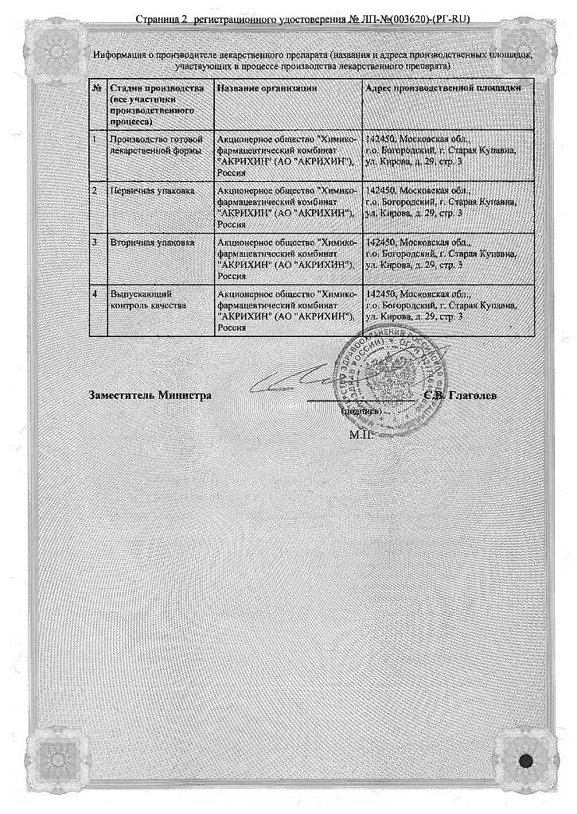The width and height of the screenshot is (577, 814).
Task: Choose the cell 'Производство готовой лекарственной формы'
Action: pyautogui.click(x=151, y=144)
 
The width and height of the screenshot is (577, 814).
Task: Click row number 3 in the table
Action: pyautogui.click(x=96, y=242)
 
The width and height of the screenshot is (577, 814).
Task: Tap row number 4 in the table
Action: pyautogui.click(x=96, y=294)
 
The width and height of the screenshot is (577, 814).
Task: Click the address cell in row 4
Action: pyautogui.click(x=439, y=305)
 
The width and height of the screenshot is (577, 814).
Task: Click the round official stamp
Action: pyautogui.click(x=391, y=374)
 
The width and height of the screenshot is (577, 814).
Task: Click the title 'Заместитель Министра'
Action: pyautogui.click(x=150, y=394)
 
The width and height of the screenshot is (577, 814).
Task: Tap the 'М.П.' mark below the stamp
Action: pyautogui.click(x=360, y=435)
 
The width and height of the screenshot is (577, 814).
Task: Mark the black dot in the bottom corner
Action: pyautogui.click(x=525, y=760)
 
